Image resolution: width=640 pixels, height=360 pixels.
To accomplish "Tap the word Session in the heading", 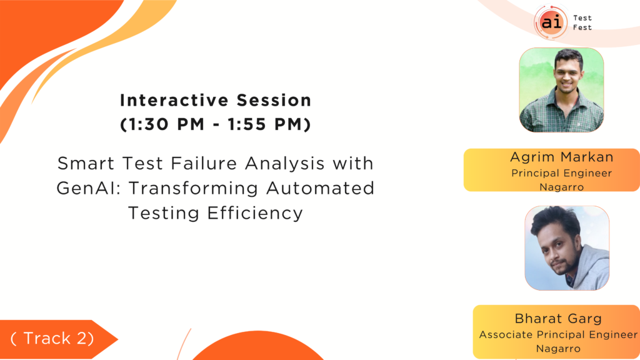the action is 274,101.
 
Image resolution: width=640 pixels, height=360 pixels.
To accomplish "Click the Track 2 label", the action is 52,338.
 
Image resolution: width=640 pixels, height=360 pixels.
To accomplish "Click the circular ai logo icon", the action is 551,22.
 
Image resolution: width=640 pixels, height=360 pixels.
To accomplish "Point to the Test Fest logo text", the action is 582,22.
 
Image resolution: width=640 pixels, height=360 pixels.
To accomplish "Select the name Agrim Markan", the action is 562,157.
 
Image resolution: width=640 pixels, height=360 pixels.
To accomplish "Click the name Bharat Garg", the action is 558,318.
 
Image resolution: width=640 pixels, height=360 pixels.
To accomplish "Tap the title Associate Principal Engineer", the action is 558,335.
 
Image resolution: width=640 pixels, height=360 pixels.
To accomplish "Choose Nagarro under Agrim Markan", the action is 562,187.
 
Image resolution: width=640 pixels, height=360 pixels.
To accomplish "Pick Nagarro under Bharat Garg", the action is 558,349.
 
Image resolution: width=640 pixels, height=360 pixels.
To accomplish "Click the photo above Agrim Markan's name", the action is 561,90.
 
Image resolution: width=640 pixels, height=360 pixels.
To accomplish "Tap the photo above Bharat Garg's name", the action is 567,248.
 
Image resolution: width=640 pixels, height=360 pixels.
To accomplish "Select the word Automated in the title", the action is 321,189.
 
